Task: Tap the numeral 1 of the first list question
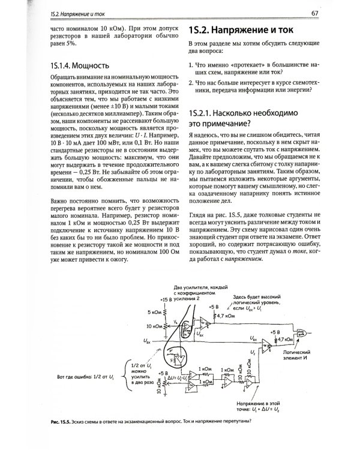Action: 190,63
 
